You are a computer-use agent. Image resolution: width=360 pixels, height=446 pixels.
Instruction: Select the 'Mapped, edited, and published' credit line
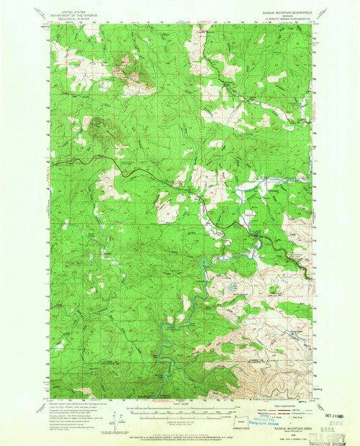(x=72, y=405)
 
